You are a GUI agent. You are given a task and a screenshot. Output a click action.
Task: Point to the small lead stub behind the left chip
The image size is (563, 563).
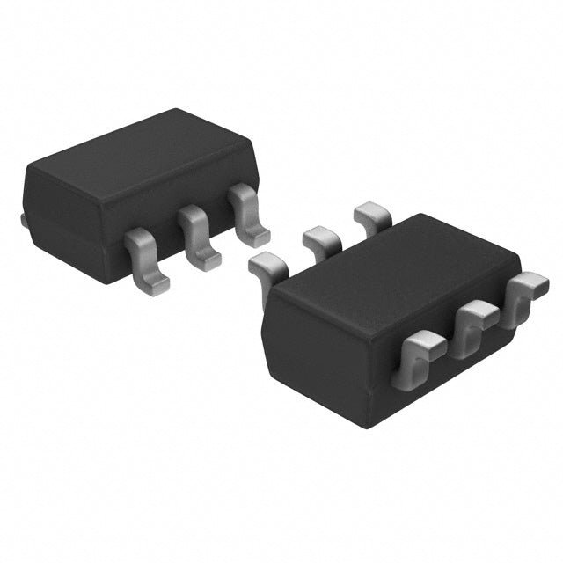[x=23, y=217]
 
